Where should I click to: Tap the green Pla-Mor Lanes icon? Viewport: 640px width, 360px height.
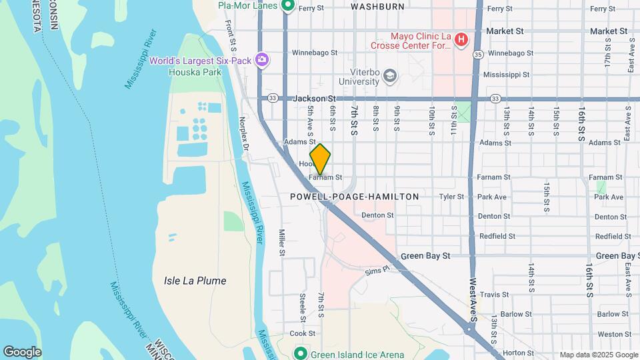289,7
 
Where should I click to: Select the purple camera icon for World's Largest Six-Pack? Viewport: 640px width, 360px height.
262,61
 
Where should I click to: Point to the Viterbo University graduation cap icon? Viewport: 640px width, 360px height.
389,77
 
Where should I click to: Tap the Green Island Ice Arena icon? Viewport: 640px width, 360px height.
300,353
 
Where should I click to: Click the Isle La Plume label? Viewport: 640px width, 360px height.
195,281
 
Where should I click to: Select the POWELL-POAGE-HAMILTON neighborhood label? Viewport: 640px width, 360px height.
355,197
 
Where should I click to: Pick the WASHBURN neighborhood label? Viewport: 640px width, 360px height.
377,7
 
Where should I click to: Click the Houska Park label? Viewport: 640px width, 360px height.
204,71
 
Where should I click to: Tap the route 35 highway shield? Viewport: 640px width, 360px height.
478,53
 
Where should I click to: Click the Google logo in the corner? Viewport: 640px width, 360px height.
22,352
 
